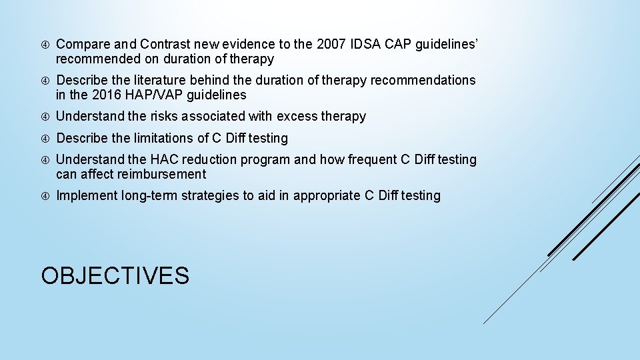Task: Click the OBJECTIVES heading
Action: [x=115, y=275]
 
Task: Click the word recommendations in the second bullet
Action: [x=423, y=81]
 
